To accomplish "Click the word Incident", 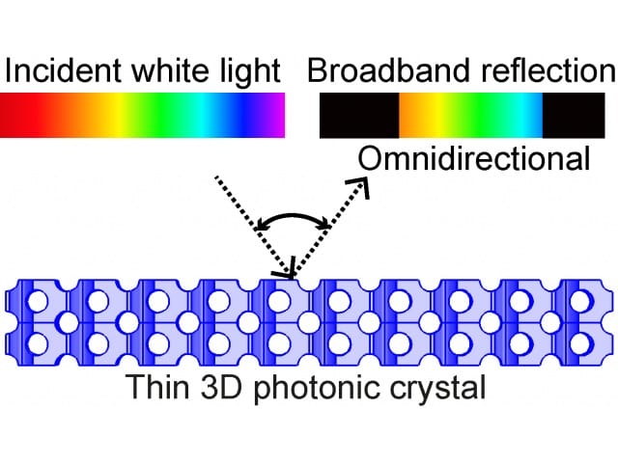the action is (63, 70).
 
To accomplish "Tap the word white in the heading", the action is (169, 70).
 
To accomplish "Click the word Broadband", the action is (389, 70).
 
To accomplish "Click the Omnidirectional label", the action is (474, 158).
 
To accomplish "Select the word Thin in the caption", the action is (157, 386).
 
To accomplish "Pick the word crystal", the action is (437, 389).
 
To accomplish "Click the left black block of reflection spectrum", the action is (359, 116).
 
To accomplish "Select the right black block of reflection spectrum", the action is (574, 116).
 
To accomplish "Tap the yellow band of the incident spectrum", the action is (117, 116).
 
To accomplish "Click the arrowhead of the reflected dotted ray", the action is (360, 185).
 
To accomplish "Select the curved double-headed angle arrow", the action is (292, 216).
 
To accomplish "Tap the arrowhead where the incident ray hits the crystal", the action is (288, 272).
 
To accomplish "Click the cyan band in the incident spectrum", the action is (204, 116).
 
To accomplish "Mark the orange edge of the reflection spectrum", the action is (406, 116).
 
